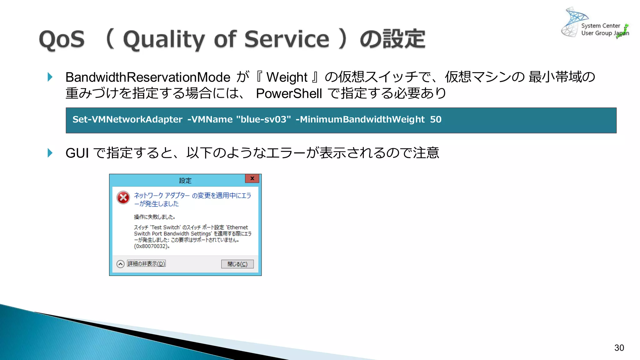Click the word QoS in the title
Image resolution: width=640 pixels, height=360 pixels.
[x=62, y=39]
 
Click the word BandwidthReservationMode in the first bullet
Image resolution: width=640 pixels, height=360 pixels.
[x=148, y=77]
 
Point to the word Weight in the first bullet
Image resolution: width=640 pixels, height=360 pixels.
[x=287, y=77]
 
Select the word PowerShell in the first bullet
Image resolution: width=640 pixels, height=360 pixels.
[x=289, y=93]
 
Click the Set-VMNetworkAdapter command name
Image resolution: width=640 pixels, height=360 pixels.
[x=127, y=119]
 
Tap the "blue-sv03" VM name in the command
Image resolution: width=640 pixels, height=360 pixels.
[x=263, y=119]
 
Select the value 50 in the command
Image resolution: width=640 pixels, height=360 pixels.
[x=436, y=119]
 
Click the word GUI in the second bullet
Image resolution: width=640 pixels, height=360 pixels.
[x=77, y=153]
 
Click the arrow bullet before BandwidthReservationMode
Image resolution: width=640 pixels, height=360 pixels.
[x=50, y=77]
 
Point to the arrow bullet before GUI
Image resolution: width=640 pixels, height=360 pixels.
[x=50, y=153]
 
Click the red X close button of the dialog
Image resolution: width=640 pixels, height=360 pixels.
[x=252, y=178]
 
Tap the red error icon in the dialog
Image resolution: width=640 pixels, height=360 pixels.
[x=123, y=197]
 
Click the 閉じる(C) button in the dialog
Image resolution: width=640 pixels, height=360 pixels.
[x=237, y=264]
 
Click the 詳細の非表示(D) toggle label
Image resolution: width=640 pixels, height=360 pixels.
[x=146, y=264]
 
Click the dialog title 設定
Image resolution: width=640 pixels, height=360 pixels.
[x=185, y=181]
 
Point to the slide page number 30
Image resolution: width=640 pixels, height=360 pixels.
[x=619, y=348]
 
